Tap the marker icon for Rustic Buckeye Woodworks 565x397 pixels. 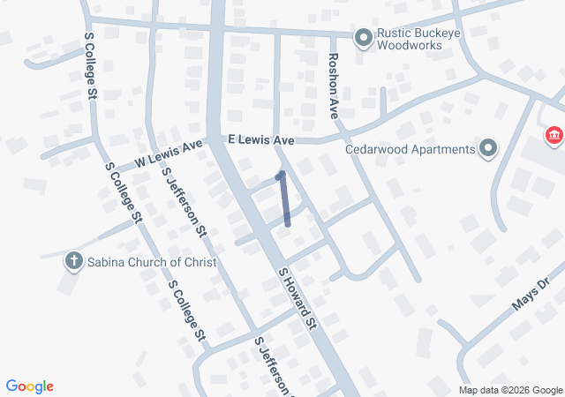click(x=363, y=37)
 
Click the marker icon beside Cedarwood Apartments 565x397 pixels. click(x=486, y=148)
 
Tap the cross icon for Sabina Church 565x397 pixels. click(x=73, y=261)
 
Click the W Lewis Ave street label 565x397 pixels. click(x=169, y=155)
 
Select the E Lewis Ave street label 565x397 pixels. click(x=260, y=140)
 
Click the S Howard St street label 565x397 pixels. click(x=298, y=299)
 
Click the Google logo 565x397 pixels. click(x=29, y=386)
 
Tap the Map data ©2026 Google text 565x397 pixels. click(x=509, y=390)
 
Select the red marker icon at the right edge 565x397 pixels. click(x=554, y=136)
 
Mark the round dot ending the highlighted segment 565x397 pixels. click(x=281, y=176)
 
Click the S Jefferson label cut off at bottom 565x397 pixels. click(x=273, y=367)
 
